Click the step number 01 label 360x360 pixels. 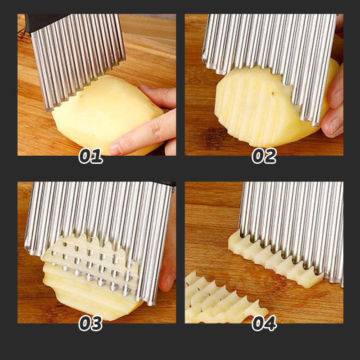pyautogui.click(x=90, y=156)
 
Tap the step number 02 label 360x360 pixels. pyautogui.click(x=264, y=156)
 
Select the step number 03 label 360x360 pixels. pyautogui.click(x=90, y=323)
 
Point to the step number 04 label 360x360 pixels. pyautogui.click(x=264, y=323)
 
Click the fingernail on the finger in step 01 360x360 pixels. pyautogui.click(x=116, y=148)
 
